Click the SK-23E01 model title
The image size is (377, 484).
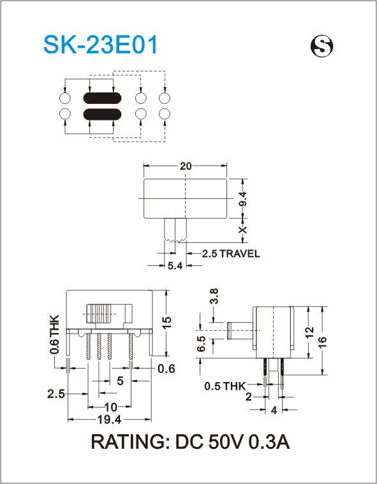(x=101, y=45)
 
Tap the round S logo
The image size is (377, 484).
(x=322, y=46)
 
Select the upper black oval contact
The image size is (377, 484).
(x=102, y=98)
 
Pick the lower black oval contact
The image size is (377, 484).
(x=102, y=114)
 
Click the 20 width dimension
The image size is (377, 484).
(x=186, y=166)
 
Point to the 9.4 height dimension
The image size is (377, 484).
(x=243, y=198)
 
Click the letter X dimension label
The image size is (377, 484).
(x=243, y=230)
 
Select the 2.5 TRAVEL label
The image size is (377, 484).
(x=231, y=254)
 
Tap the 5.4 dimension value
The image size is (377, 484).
(x=175, y=265)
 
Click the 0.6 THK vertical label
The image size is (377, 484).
(x=54, y=334)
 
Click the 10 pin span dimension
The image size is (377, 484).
(x=111, y=407)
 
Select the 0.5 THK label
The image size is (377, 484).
(x=225, y=386)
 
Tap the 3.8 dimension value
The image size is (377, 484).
(x=214, y=296)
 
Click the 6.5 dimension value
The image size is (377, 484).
(x=202, y=344)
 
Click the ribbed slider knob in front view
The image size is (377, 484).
(x=98, y=314)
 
